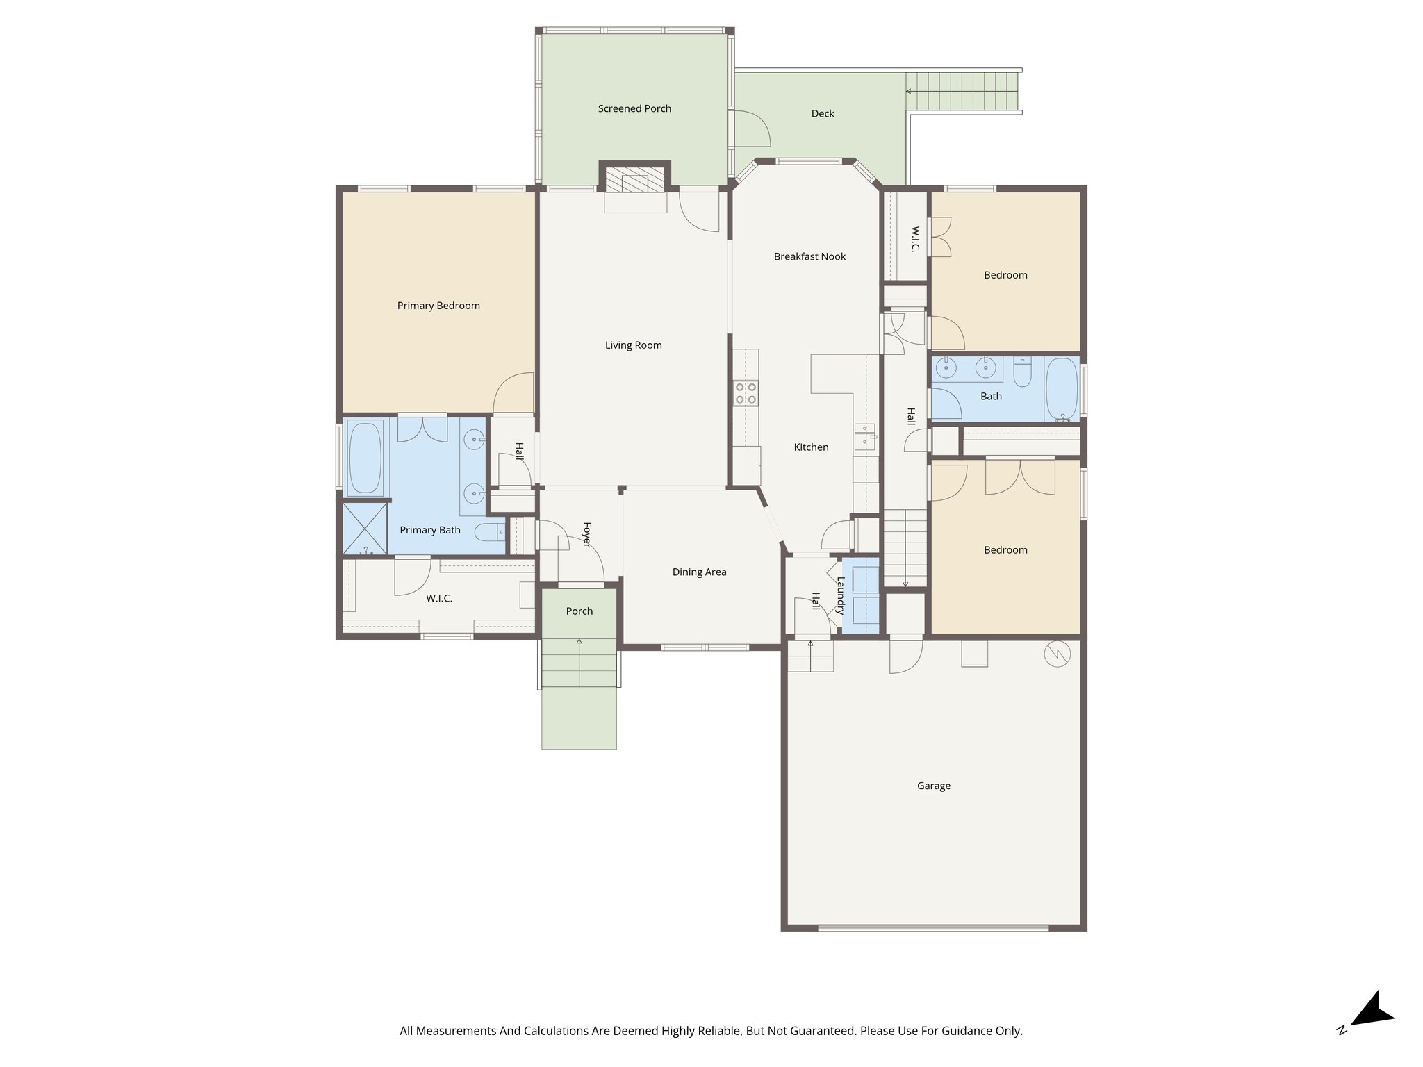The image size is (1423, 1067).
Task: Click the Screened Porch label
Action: click(x=634, y=108)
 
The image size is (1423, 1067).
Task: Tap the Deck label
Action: click(x=823, y=114)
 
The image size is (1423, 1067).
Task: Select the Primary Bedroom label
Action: click(x=438, y=306)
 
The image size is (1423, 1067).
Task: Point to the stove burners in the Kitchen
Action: click(x=746, y=394)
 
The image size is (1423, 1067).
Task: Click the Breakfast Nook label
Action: click(x=809, y=256)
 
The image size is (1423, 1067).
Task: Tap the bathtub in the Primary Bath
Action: click(x=365, y=458)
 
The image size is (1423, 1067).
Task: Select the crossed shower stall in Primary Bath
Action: click(x=365, y=528)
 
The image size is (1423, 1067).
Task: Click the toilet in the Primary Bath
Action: click(x=489, y=533)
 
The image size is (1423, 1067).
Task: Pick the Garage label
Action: click(x=933, y=786)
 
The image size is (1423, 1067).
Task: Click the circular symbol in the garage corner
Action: click(x=1057, y=654)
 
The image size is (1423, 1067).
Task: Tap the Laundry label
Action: click(x=841, y=595)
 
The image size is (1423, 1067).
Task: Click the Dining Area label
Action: click(x=699, y=572)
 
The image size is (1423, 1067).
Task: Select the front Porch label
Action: click(x=579, y=611)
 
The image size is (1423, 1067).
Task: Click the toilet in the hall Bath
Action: click(x=1022, y=372)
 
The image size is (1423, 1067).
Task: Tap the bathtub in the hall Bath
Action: click(x=1061, y=388)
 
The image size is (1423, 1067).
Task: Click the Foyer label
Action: click(x=586, y=534)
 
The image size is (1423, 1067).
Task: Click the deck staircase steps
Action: click(x=962, y=91)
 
